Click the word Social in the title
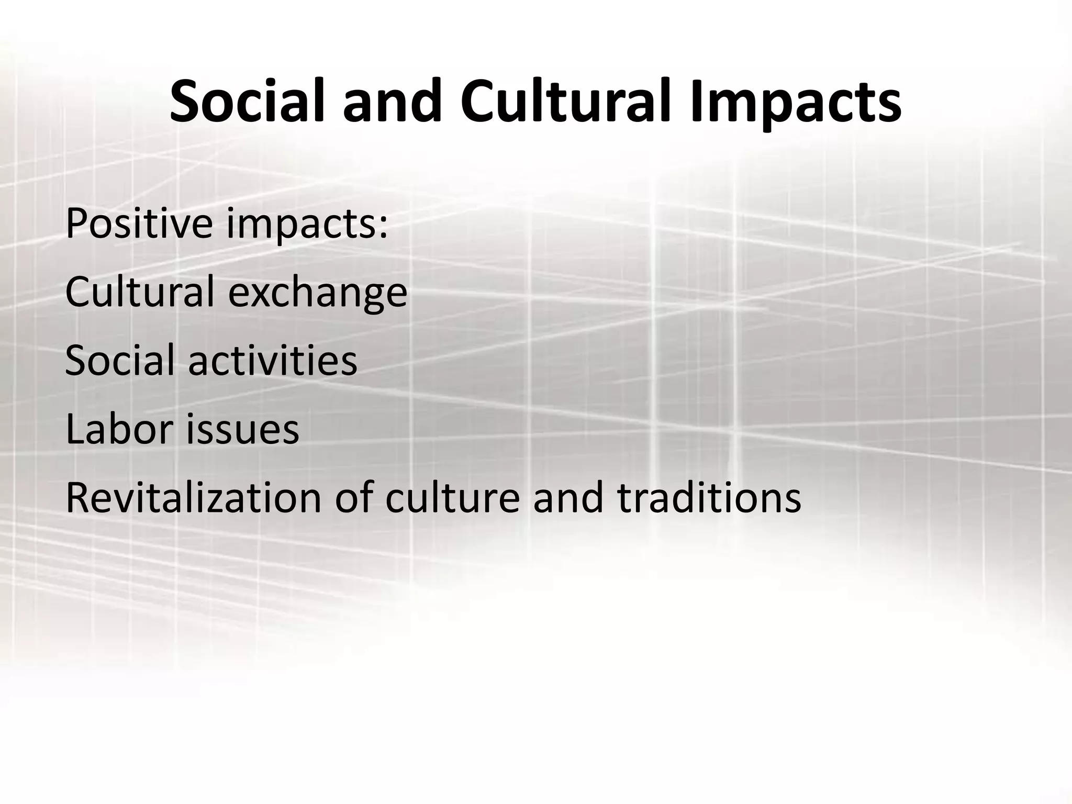pyautogui.click(x=250, y=101)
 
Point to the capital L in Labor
pyautogui.click(x=74, y=429)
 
